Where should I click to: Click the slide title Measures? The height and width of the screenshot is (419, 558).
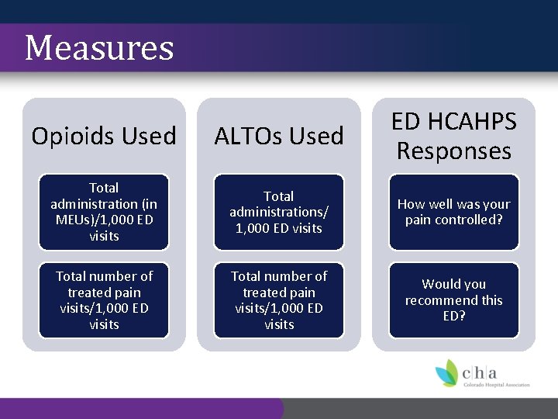coord(99,47)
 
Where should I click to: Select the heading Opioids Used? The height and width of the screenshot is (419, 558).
coord(104,136)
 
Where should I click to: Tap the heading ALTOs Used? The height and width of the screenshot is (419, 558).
coord(279,136)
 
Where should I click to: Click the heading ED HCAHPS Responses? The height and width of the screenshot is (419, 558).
coord(453,136)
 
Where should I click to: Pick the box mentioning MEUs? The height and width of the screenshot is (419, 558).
coord(104,212)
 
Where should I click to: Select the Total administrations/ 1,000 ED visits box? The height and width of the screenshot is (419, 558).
coord(279,212)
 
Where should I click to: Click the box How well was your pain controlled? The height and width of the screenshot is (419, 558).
coord(453,212)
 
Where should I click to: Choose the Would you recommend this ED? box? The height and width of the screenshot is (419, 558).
coord(453,300)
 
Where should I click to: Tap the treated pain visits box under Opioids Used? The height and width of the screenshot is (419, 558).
coord(104,300)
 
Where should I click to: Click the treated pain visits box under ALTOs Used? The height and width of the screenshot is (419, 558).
coord(279,300)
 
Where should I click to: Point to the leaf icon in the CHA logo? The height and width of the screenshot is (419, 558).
coord(447,373)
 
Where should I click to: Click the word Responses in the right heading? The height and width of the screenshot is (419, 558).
coord(453,151)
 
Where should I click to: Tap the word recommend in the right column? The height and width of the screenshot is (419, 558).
coord(453,300)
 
